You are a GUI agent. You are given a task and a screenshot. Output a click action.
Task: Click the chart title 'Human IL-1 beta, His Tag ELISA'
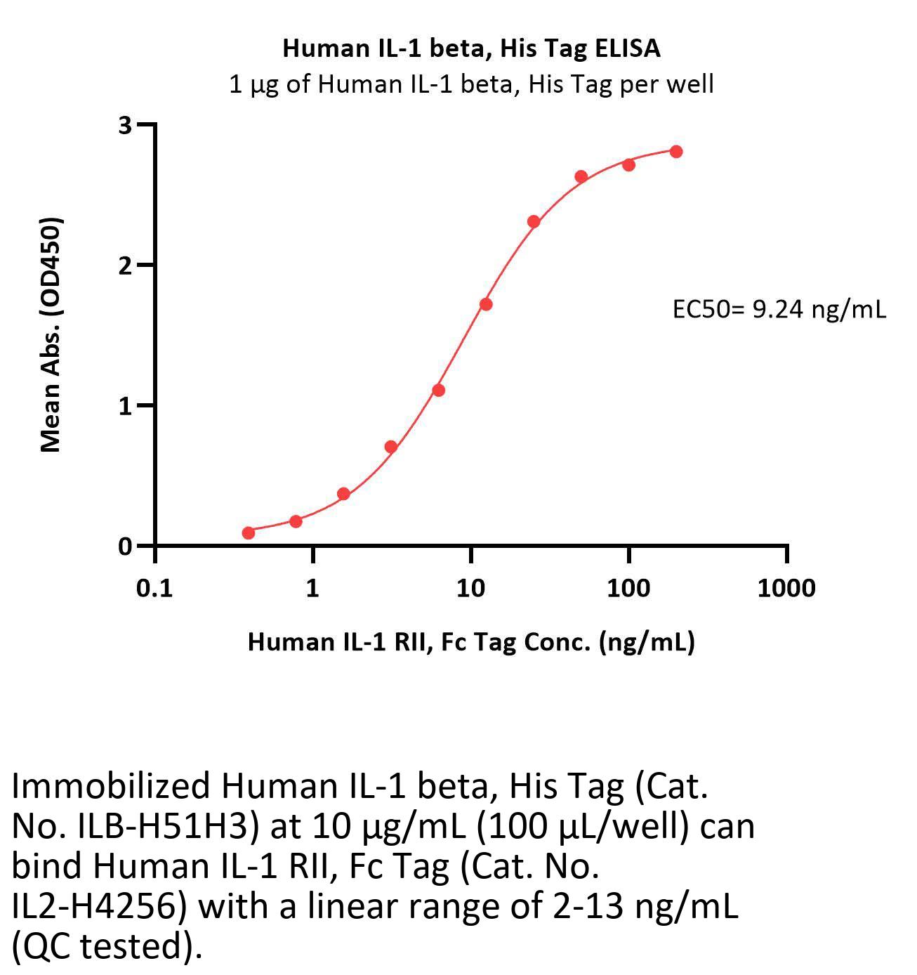click(x=471, y=48)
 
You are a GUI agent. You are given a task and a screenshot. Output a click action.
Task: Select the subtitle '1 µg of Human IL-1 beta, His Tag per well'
click(x=471, y=84)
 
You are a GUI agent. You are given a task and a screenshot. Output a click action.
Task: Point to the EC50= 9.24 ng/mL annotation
click(x=779, y=308)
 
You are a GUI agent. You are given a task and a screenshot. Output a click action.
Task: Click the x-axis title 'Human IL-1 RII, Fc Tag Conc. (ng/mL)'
click(x=471, y=641)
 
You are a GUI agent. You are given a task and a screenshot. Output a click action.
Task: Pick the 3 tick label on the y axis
click(x=126, y=125)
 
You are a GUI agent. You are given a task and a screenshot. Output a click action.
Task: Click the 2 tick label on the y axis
click(x=126, y=266)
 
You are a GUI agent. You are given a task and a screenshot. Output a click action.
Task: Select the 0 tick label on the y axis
click(x=126, y=546)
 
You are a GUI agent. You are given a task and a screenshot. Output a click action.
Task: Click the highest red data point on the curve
click(x=676, y=152)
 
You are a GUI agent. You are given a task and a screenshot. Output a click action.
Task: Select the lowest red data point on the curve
click(x=249, y=533)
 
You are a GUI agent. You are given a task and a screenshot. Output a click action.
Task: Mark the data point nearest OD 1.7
click(x=486, y=304)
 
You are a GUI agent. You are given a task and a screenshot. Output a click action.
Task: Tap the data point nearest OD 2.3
click(x=534, y=222)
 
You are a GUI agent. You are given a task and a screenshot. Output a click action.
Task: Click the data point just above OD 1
click(x=438, y=390)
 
